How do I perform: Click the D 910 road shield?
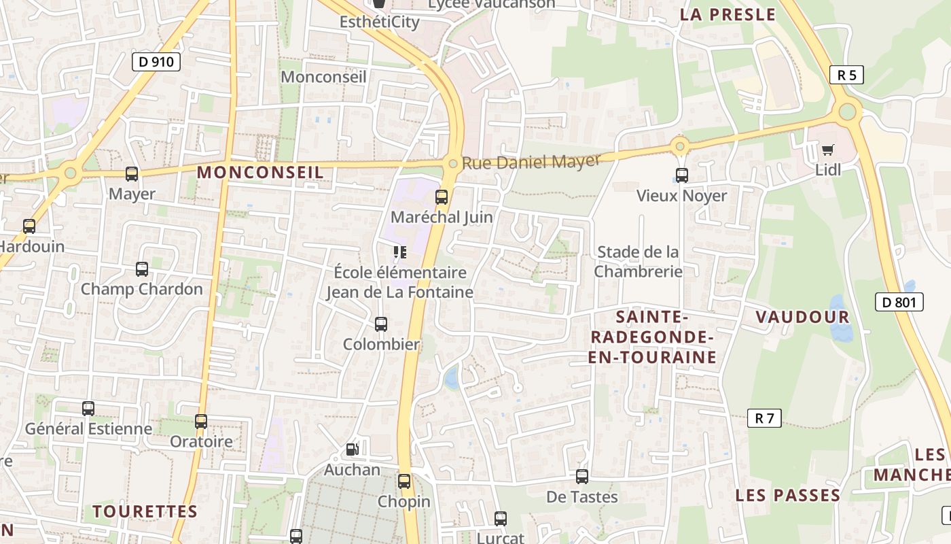(156, 62)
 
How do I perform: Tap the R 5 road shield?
(846, 75)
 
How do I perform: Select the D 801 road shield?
(899, 302)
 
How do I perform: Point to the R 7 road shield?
(764, 418)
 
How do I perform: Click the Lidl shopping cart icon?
(827, 150)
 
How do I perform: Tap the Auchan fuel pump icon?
(352, 449)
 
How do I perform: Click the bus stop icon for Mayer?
(132, 174)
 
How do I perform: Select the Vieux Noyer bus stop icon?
(682, 175)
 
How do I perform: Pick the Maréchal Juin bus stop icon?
(442, 197)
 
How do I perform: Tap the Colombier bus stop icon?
(381, 324)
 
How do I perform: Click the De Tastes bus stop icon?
(582, 477)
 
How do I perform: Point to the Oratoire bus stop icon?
(201, 422)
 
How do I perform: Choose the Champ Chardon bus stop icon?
(142, 269)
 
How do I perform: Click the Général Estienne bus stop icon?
(88, 409)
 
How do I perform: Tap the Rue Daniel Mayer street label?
(531, 162)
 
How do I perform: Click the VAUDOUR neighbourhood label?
(802, 317)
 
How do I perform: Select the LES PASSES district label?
(787, 495)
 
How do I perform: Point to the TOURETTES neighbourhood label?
(145, 511)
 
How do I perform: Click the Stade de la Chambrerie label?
(638, 262)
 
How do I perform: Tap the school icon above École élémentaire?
(400, 253)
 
